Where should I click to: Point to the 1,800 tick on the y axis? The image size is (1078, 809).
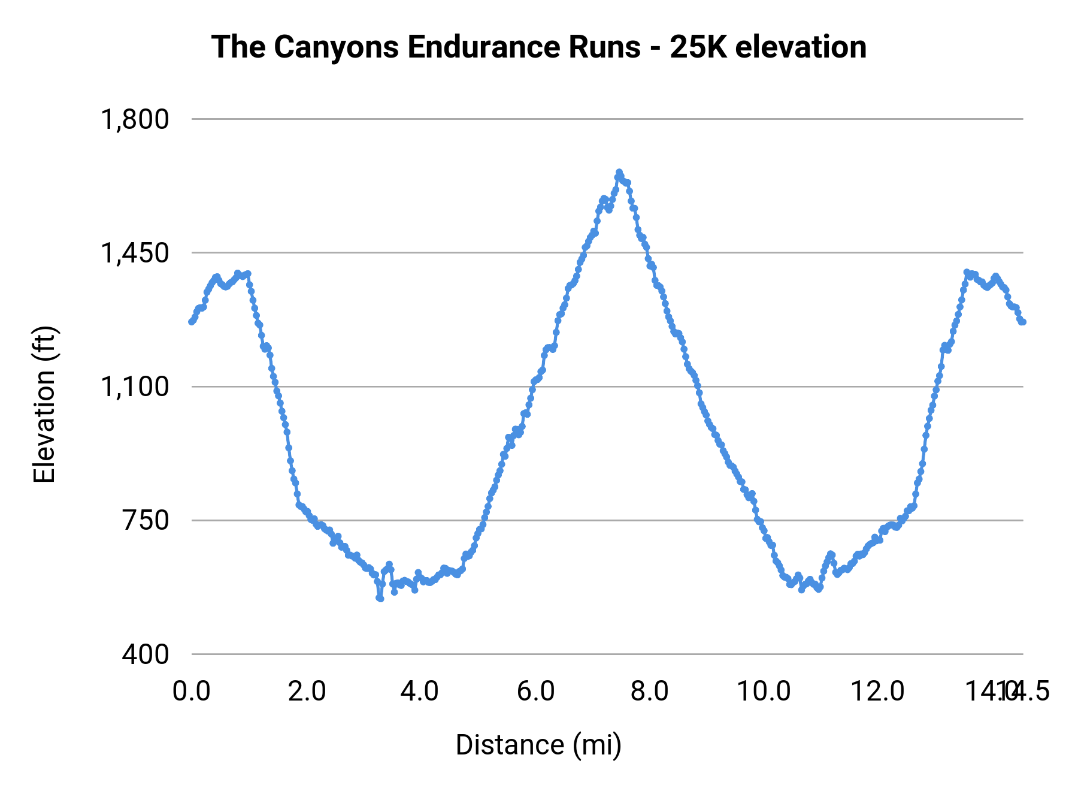click(135, 119)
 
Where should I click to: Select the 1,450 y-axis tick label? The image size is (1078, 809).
click(135, 253)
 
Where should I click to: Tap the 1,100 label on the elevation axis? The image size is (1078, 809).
click(135, 387)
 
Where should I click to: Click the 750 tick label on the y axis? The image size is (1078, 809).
click(146, 520)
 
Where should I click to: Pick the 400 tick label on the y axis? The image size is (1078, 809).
click(146, 654)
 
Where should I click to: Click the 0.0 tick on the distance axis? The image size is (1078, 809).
click(192, 691)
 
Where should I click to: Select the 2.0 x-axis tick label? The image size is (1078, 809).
click(307, 691)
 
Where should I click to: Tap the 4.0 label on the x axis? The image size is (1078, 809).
click(420, 691)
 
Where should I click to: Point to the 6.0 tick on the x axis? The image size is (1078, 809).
click(536, 691)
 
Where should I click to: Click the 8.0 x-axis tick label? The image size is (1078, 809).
click(650, 691)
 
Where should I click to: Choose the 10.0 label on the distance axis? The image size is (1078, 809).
click(764, 691)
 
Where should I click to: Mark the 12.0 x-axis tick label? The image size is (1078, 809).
click(878, 691)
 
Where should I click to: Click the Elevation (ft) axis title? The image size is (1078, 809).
click(44, 404)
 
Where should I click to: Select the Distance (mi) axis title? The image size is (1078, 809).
click(538, 745)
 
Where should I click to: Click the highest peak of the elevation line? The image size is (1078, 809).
click(619, 173)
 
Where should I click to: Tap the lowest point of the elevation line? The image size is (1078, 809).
click(380, 598)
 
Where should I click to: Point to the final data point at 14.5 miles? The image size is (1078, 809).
click(1023, 322)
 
